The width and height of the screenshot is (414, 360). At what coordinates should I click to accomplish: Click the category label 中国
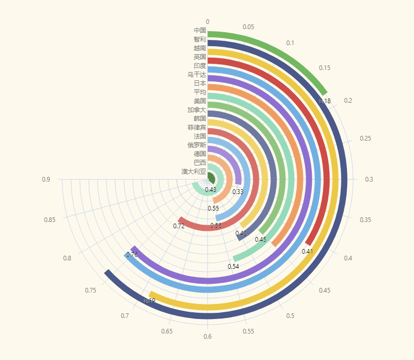point(200,30)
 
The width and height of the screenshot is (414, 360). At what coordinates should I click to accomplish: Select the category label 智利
point(200,39)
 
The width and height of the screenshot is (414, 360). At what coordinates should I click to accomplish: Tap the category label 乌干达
point(197,74)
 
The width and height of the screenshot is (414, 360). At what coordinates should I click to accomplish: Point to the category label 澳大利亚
point(194,171)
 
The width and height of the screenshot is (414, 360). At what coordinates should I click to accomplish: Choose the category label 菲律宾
point(197,127)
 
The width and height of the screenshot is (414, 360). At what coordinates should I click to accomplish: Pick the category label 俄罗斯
point(197,145)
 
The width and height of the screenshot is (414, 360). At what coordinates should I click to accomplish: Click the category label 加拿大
point(197,109)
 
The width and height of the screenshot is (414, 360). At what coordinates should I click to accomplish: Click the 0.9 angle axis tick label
point(46,179)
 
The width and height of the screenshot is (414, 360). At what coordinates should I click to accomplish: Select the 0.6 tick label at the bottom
point(208,337)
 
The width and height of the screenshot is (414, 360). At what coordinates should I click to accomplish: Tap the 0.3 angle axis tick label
point(369,179)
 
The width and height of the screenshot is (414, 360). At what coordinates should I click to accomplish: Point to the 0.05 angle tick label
point(248,27)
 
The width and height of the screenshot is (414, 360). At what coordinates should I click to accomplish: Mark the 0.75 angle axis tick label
point(91,290)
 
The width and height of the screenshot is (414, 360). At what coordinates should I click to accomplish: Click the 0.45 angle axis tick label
point(324,290)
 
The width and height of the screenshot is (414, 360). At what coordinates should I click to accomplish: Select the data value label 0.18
point(325,101)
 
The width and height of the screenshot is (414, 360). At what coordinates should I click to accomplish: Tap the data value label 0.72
point(179,226)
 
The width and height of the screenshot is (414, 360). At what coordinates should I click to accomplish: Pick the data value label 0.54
point(233,266)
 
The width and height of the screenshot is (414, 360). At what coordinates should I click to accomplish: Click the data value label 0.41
point(308,251)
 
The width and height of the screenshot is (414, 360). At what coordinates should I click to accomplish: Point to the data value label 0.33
point(238,192)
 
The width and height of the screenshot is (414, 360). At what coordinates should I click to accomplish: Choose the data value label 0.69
point(149,301)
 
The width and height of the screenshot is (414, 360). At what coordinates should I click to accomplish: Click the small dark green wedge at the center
point(211,178)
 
